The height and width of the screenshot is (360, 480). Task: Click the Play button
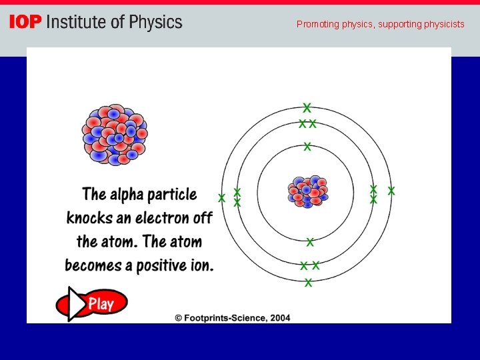click(x=91, y=304)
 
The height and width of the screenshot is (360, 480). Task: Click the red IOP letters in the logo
click(x=25, y=23)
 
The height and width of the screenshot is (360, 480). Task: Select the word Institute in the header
click(x=76, y=23)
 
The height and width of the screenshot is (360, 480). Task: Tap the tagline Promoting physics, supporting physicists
click(x=380, y=25)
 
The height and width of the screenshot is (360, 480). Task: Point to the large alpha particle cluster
click(x=114, y=135)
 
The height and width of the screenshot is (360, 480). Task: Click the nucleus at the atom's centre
click(x=307, y=191)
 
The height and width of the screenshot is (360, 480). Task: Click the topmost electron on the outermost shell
click(x=307, y=107)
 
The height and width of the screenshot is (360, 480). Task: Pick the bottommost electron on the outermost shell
click(x=308, y=283)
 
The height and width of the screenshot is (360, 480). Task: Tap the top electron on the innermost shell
click(x=307, y=146)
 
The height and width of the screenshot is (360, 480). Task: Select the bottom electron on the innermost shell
click(x=310, y=241)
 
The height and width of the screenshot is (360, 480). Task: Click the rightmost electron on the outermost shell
click(x=391, y=191)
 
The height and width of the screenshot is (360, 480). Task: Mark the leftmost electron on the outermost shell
click(x=222, y=198)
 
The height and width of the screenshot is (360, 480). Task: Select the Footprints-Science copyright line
click(x=233, y=318)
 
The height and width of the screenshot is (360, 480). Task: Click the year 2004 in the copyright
click(x=280, y=318)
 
